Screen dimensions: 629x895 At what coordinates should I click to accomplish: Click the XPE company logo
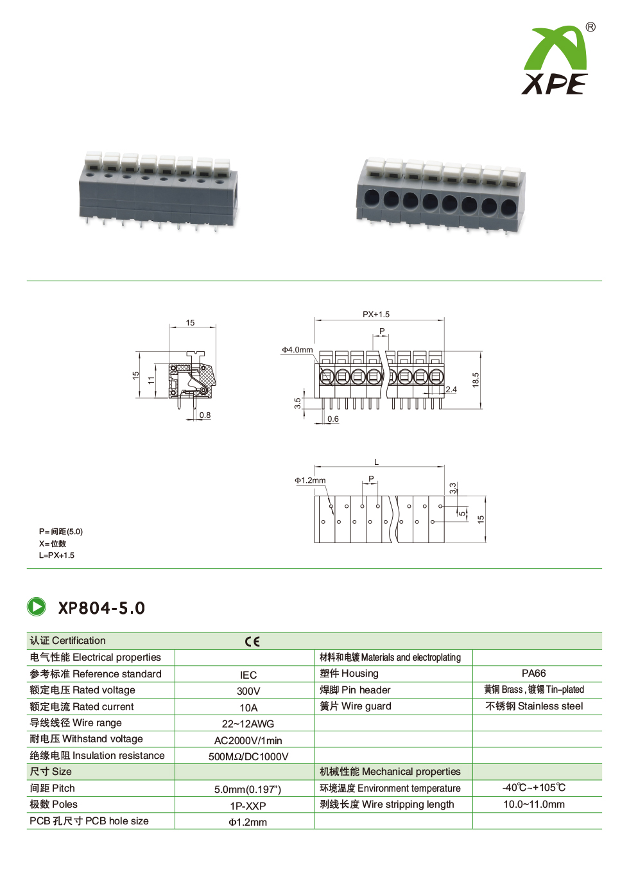point(555,61)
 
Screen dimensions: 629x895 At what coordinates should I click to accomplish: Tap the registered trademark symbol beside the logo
point(590,27)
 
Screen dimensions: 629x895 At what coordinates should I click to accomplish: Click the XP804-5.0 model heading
point(101,608)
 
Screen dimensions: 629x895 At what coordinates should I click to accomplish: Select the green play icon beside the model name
point(37,607)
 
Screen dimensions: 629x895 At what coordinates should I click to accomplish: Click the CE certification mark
point(252,641)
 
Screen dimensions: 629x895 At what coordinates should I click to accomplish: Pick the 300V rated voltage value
point(248,691)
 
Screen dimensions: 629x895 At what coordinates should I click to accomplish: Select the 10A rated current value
point(248,708)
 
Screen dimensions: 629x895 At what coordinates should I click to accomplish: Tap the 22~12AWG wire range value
point(248,724)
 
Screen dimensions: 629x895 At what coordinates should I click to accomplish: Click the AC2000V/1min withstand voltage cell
point(248,740)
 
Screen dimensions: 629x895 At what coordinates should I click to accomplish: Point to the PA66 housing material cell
point(533,673)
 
